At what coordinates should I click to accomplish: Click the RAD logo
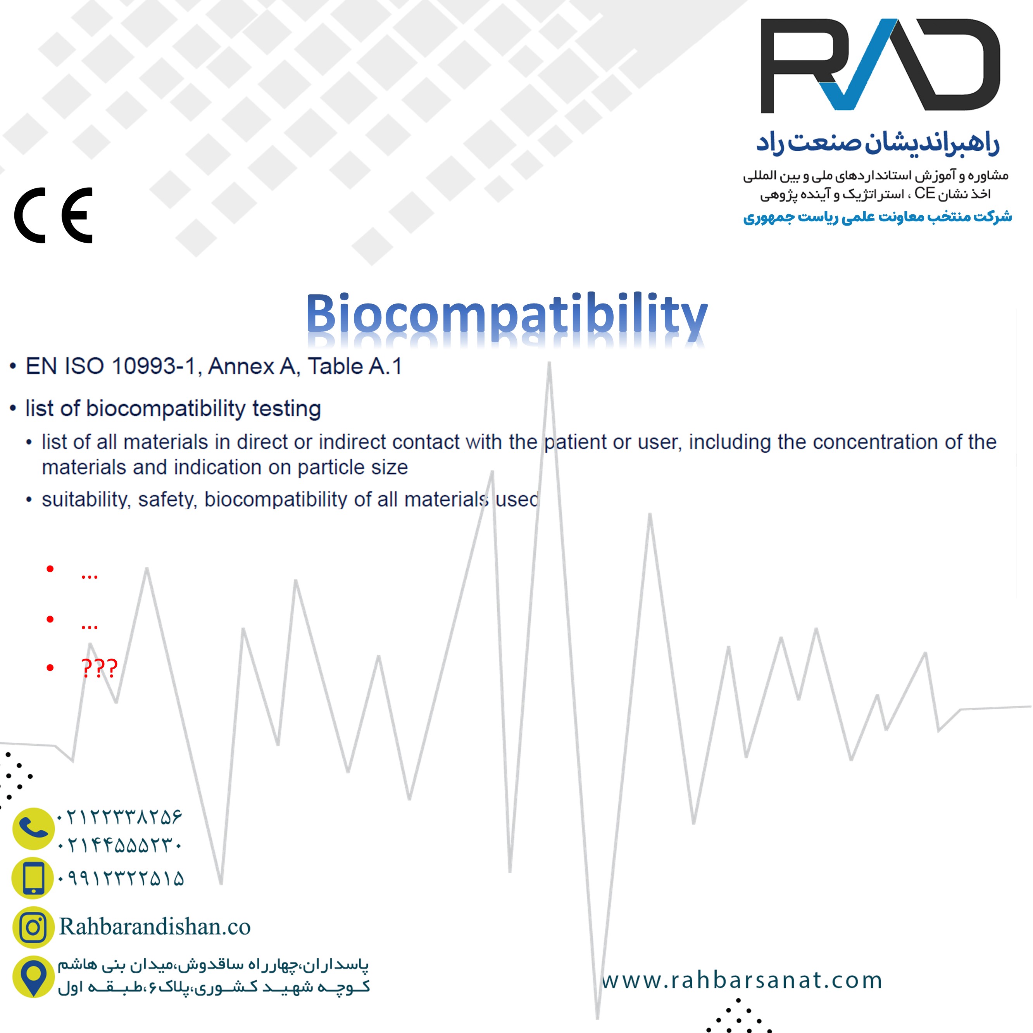[x=880, y=66]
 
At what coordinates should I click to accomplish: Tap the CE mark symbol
[x=53, y=216]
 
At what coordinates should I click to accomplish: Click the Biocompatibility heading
[x=507, y=316]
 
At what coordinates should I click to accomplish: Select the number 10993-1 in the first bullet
[x=153, y=366]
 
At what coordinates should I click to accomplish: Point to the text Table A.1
[x=355, y=366]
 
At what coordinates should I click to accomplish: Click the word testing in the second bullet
[x=286, y=409]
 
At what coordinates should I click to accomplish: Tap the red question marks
[x=99, y=668]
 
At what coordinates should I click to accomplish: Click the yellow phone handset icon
[x=33, y=829]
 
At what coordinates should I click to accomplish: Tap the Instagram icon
[x=33, y=927]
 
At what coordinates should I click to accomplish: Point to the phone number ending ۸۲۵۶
[x=120, y=816]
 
